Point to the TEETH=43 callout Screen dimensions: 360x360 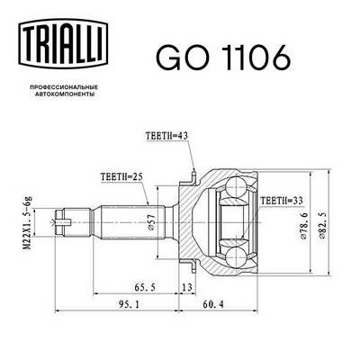point(166,136)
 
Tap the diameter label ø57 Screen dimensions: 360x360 point(151,220)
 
